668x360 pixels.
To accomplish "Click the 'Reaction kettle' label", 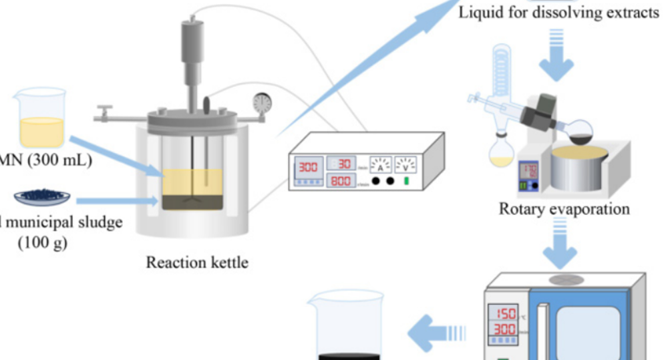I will click(197, 262).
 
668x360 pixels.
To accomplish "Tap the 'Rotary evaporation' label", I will click(564, 209).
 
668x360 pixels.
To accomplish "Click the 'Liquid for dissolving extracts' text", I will click(558, 13).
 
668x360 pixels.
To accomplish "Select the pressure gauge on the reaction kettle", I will click(263, 103).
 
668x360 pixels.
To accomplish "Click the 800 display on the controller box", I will click(341, 180).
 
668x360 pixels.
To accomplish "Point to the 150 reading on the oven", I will click(506, 313).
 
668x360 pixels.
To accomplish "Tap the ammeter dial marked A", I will click(381, 164).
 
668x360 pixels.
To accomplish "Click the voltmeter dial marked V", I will click(405, 164).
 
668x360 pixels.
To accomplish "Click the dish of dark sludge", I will click(43, 196).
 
